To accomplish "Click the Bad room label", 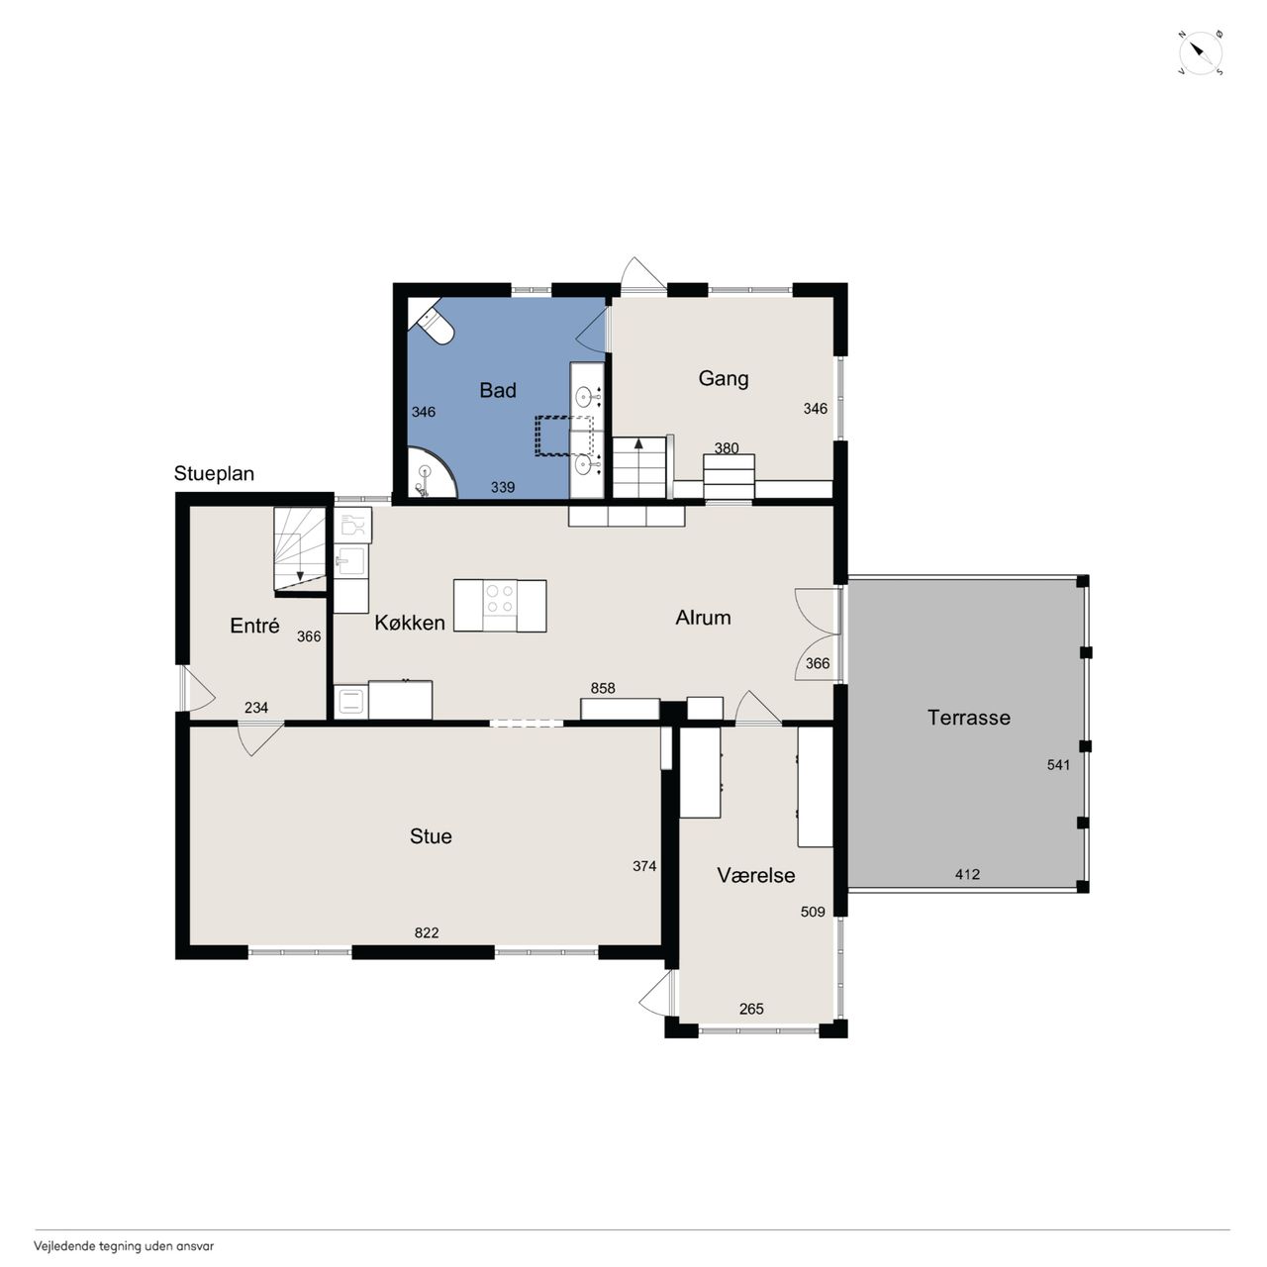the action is click(x=497, y=390).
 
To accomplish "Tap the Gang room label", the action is click(x=723, y=378).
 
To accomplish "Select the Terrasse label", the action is click(x=968, y=717).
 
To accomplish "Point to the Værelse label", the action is click(x=755, y=874).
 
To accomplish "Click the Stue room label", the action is click(x=430, y=835).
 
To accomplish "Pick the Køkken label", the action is click(x=409, y=622).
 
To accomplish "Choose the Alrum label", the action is click(x=703, y=617).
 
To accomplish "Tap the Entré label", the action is click(x=254, y=625).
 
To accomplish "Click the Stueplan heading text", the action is click(x=214, y=473).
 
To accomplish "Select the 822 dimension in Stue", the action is click(x=426, y=932).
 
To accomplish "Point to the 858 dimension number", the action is click(x=602, y=688).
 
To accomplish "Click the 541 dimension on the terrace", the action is click(x=1058, y=765).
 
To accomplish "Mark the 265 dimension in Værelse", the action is click(x=751, y=1009).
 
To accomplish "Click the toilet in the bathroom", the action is click(x=433, y=322).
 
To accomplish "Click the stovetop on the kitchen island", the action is click(x=499, y=598).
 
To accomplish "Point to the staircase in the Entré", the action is click(x=300, y=548).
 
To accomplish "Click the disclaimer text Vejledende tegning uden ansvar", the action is click(x=124, y=1246).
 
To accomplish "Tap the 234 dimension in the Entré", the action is click(x=255, y=708).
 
